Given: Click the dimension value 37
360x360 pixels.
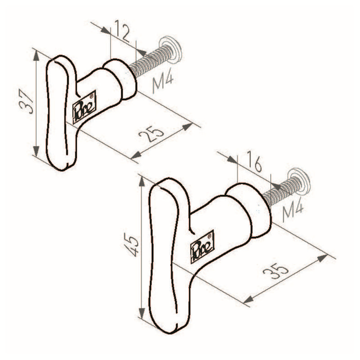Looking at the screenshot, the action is (x=26, y=102).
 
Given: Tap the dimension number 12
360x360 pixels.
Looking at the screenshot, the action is (x=122, y=31).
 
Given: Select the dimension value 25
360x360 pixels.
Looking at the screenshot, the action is (x=152, y=134).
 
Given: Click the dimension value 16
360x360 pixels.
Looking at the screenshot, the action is (x=254, y=161).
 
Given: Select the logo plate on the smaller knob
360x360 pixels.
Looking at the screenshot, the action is (x=84, y=107).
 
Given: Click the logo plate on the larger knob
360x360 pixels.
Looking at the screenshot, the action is (x=202, y=246).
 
